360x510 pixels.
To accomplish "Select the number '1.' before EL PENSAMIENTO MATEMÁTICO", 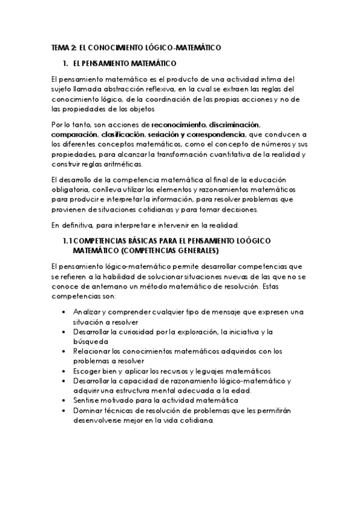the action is [x=66, y=63].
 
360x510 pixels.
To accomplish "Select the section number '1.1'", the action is [x=68, y=241].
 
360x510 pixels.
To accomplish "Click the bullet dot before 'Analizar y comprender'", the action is [x=64, y=313].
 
